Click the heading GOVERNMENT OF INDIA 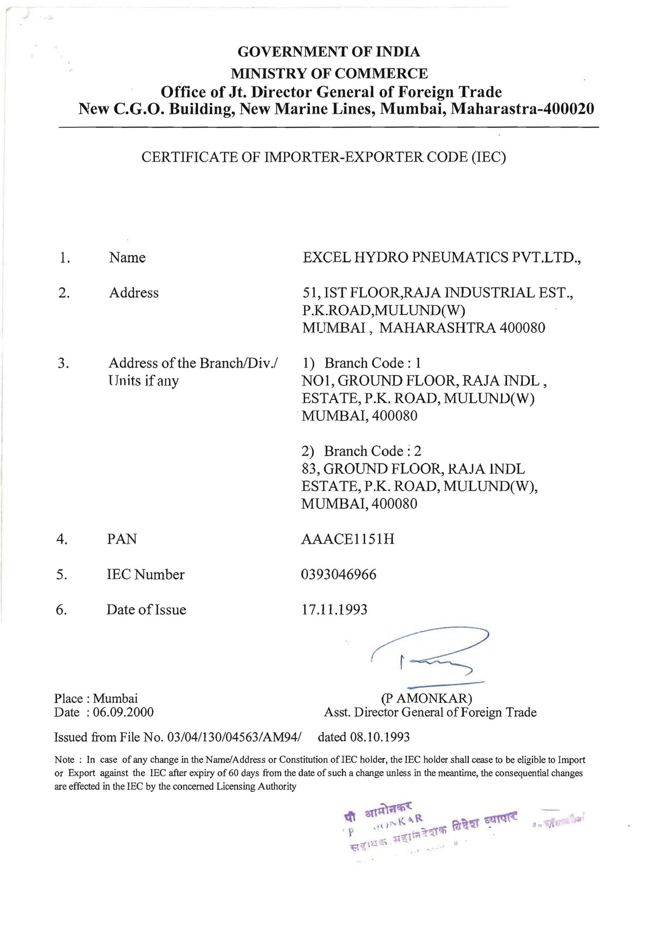pos(328,52)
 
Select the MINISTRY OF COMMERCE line pos(329,73)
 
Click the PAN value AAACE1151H pos(348,539)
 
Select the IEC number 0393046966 pos(338,574)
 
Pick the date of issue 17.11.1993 pos(334,610)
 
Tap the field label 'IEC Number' pos(146,574)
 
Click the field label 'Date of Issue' pos(146,610)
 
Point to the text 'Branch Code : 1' pos(373,363)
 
